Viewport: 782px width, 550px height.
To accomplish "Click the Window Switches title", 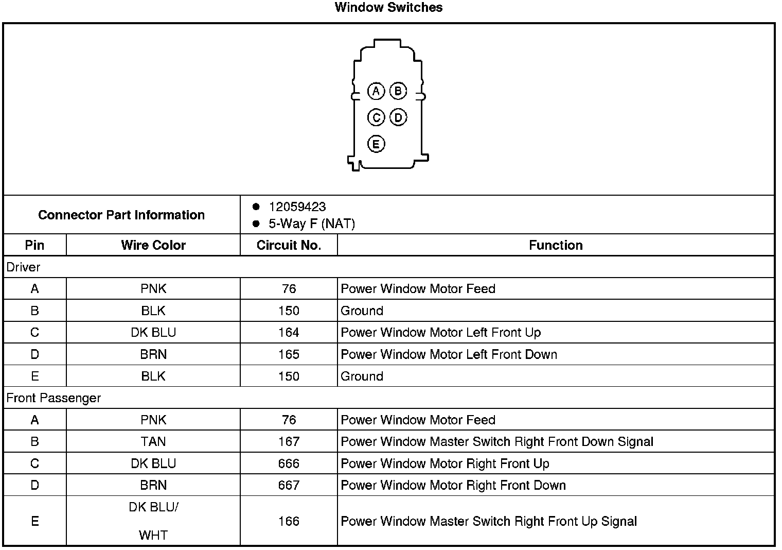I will tap(388, 7).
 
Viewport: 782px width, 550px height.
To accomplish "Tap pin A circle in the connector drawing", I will tap(376, 91).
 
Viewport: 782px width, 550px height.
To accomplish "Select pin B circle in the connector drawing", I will tap(398, 91).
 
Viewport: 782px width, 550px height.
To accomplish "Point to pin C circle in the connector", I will tap(376, 118).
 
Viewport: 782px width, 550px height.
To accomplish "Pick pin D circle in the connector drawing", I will tap(398, 118).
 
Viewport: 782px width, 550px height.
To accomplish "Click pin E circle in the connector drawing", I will tap(376, 144).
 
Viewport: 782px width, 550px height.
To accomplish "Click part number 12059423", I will tap(297, 207).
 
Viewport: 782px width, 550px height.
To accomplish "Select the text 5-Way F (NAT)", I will tap(312, 224).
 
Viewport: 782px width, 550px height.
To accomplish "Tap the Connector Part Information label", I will tap(121, 215).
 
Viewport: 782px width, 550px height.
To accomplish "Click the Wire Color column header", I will tap(153, 245).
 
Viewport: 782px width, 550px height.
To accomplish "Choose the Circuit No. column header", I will tap(289, 245).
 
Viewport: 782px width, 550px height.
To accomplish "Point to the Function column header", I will tap(556, 245).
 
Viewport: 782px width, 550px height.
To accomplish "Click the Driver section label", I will tap(23, 267).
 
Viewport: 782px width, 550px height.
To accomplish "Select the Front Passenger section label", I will tap(54, 398).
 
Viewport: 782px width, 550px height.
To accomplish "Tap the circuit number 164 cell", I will tap(289, 333).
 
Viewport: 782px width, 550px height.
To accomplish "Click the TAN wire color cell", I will tap(153, 442).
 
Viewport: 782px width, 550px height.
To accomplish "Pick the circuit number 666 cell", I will tap(289, 463).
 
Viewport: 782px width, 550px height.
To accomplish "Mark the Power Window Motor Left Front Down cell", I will tap(449, 354).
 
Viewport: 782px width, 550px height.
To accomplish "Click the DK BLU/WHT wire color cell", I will tap(153, 521).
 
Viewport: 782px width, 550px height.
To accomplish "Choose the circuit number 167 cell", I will tap(289, 442).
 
